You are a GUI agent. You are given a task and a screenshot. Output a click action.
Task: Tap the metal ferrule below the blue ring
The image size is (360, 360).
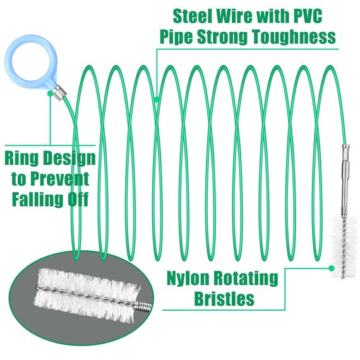coord(60,92)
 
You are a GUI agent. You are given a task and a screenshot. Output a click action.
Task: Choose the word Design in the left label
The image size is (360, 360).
coord(69,159)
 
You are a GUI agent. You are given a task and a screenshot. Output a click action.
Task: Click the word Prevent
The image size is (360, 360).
coord(60,179)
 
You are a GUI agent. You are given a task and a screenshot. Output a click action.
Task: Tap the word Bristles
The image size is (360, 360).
coord(224,298)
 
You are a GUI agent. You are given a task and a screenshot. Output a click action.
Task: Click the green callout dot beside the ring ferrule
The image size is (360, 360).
coord(50,93)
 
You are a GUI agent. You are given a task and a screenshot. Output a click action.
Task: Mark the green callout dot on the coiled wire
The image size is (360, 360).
coord(157,99)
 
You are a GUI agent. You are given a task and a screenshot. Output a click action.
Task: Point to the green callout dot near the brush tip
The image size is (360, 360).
coord(331,268)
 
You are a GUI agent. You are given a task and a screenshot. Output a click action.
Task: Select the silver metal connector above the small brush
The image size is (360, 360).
coord(344,180)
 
